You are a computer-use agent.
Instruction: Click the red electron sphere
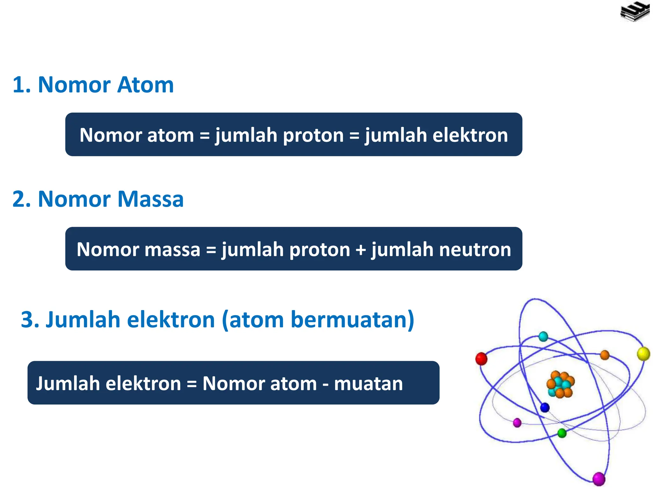[x=481, y=359]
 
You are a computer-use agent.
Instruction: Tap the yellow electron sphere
[x=643, y=354]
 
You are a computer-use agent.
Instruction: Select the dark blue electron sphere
[x=545, y=407]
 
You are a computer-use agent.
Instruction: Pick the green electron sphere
[x=562, y=433]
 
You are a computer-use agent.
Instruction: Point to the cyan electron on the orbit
[x=543, y=337]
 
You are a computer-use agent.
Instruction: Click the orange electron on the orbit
[x=605, y=355]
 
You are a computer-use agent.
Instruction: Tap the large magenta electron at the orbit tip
[x=598, y=479]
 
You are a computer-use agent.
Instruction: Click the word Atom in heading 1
[x=145, y=85]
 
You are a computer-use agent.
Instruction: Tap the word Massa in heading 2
[x=150, y=199]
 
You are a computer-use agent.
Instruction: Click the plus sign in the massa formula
[x=361, y=249]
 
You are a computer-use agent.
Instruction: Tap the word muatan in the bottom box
[x=368, y=383]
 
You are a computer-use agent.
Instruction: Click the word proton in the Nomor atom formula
[x=313, y=135]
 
